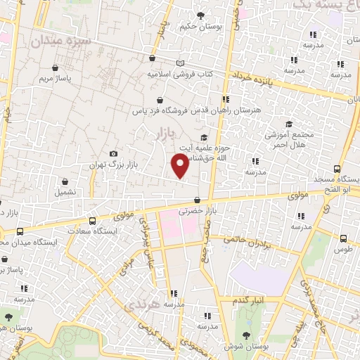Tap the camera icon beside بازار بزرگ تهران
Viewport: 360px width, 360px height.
click(114, 154)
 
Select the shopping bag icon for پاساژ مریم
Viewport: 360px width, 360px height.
click(56, 69)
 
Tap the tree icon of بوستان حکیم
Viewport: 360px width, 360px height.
click(200, 15)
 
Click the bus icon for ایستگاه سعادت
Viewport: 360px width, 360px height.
click(92, 220)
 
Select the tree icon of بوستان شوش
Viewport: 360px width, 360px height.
click(245, 335)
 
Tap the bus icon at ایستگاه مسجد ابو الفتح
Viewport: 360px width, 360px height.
click(337, 169)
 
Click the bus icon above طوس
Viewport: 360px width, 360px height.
click(343, 239)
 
